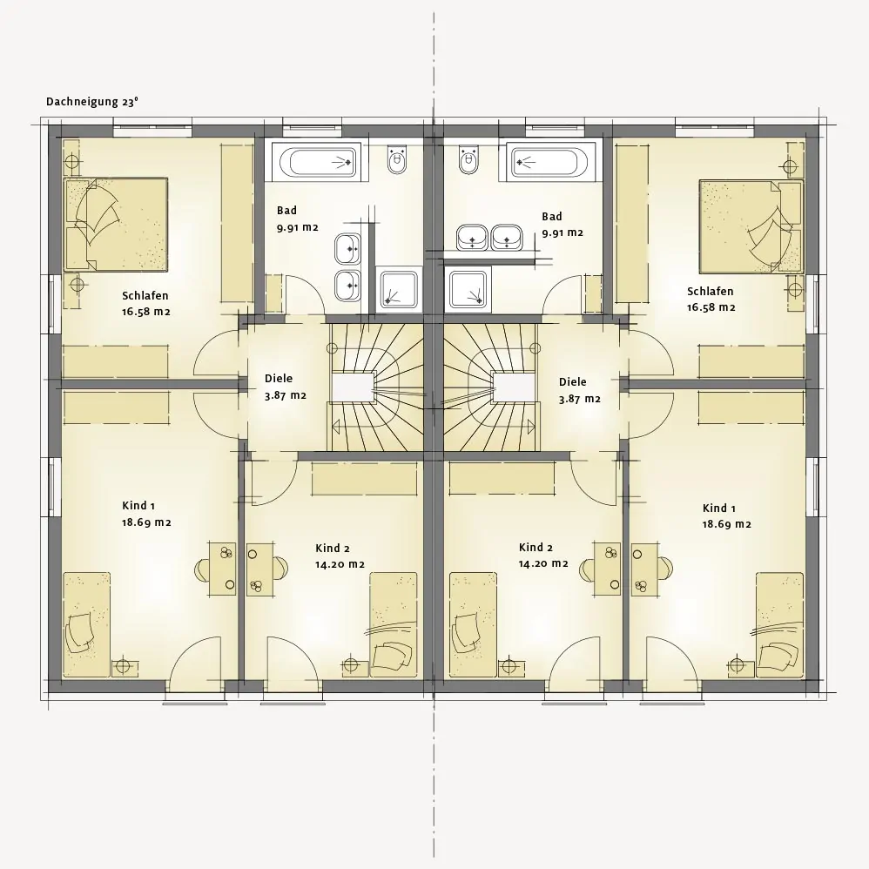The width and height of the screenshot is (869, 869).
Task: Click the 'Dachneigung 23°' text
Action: tap(92, 102)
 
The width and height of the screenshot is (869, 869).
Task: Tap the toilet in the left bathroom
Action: tap(397, 158)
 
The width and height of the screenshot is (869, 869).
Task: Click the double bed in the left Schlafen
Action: tap(116, 225)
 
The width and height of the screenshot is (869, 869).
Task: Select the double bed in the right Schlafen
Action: tap(751, 226)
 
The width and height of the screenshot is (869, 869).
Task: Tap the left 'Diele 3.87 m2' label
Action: tap(286, 387)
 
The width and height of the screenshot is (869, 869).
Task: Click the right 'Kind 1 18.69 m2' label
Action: tap(726, 516)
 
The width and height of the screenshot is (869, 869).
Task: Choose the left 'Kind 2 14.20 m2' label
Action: tap(340, 556)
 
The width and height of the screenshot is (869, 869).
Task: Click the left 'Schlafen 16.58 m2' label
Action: tap(145, 303)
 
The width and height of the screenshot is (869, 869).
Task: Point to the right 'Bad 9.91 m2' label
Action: tap(562, 225)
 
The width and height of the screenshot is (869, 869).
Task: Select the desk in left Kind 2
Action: tap(260, 569)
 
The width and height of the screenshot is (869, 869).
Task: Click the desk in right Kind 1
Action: tap(645, 569)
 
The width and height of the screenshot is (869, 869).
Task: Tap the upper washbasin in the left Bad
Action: tap(348, 248)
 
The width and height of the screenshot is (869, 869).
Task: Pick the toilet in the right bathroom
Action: tap(468, 159)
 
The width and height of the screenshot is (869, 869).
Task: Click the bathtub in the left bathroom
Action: tap(318, 161)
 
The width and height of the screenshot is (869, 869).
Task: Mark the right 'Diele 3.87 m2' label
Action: tap(580, 390)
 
